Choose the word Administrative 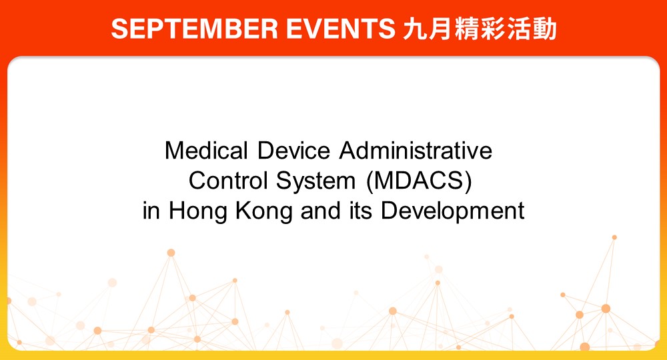click(416, 151)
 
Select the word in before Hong click(151, 211)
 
